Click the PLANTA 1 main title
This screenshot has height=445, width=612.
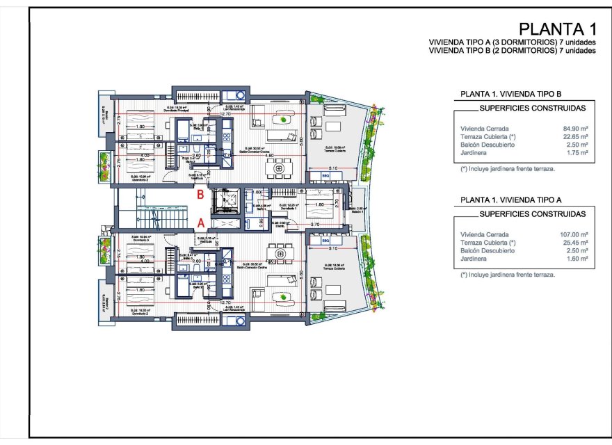pos(557,29)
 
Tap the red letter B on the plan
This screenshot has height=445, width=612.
pos(200,195)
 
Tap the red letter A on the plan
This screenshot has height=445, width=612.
pos(200,223)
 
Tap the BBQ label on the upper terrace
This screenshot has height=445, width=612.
pos(325,176)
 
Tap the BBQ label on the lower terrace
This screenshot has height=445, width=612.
pos(325,241)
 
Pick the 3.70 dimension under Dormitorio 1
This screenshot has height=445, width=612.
pos(314,225)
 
